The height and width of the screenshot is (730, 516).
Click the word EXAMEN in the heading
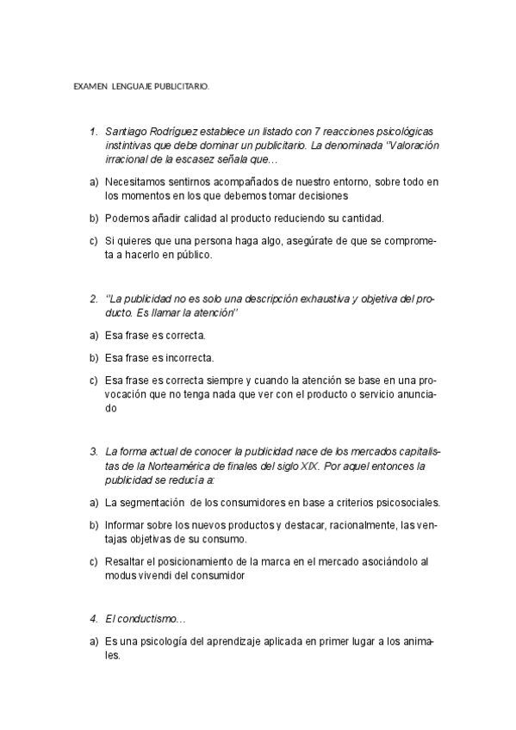[90, 87]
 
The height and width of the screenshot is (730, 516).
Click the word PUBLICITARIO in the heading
[180, 87]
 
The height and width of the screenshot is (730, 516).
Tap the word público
[189, 256]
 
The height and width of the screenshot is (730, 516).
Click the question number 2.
[92, 300]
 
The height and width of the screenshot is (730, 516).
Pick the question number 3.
[92, 451]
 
